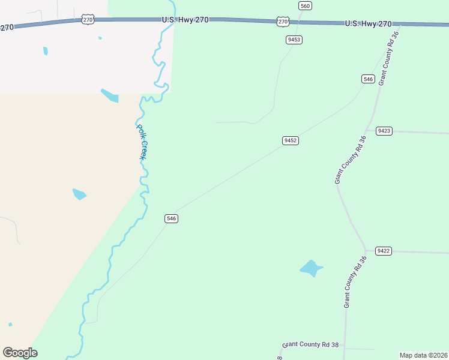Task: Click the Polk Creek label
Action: (142, 142)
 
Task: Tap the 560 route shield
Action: (305, 5)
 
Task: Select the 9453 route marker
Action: (294, 40)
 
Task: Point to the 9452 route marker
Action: (291, 140)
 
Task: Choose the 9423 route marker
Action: (384, 131)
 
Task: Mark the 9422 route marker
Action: (384, 251)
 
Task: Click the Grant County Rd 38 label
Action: (310, 344)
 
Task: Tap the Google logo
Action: (20, 353)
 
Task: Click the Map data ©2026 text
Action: (424, 355)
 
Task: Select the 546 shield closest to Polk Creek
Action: (171, 218)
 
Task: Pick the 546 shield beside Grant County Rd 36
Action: (368, 79)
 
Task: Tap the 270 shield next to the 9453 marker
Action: (283, 22)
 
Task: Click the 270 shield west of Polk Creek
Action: (88, 20)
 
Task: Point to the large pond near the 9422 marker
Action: (310, 268)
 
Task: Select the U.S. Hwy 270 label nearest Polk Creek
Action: (185, 20)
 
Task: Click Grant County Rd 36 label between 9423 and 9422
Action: (350, 160)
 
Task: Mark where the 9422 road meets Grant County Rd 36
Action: (366, 251)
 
